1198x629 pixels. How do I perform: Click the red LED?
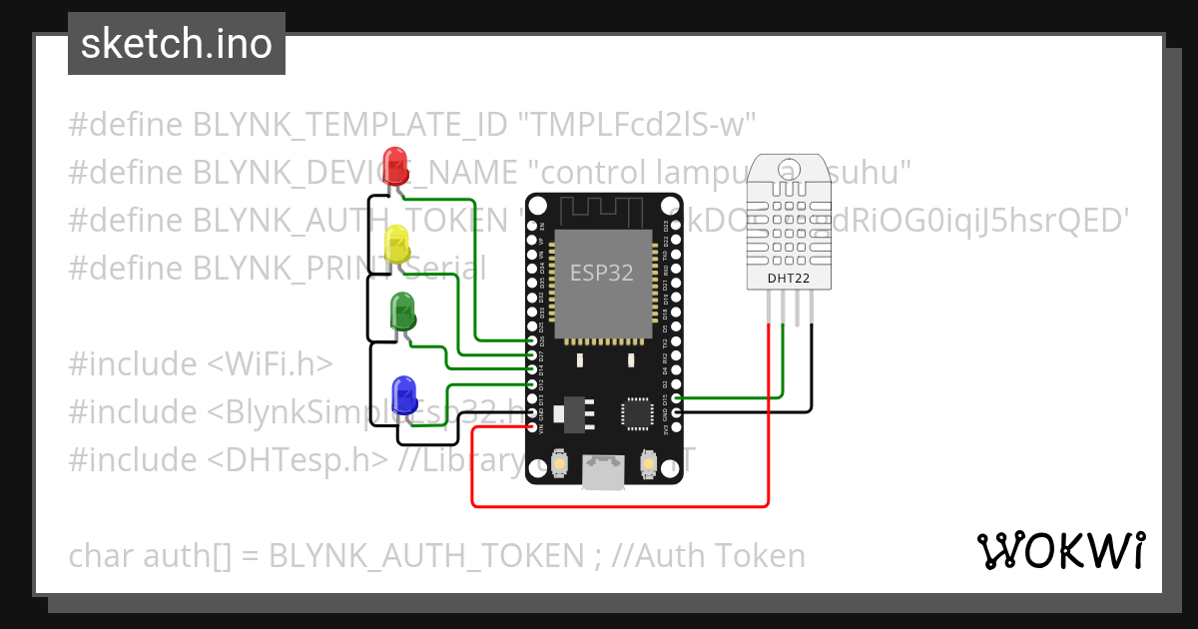(395, 164)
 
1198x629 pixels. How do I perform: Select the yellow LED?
(396, 242)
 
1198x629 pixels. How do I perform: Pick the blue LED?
(404, 393)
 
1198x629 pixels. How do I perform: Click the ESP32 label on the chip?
(601, 273)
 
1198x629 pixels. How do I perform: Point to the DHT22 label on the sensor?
(789, 279)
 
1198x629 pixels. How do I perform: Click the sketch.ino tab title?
(177, 44)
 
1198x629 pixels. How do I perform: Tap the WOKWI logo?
(1060, 550)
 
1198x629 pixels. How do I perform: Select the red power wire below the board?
(619, 505)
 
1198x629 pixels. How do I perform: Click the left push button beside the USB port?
(558, 463)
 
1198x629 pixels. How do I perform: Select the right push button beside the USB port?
(649, 463)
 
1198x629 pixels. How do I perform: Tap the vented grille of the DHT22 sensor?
(789, 220)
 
